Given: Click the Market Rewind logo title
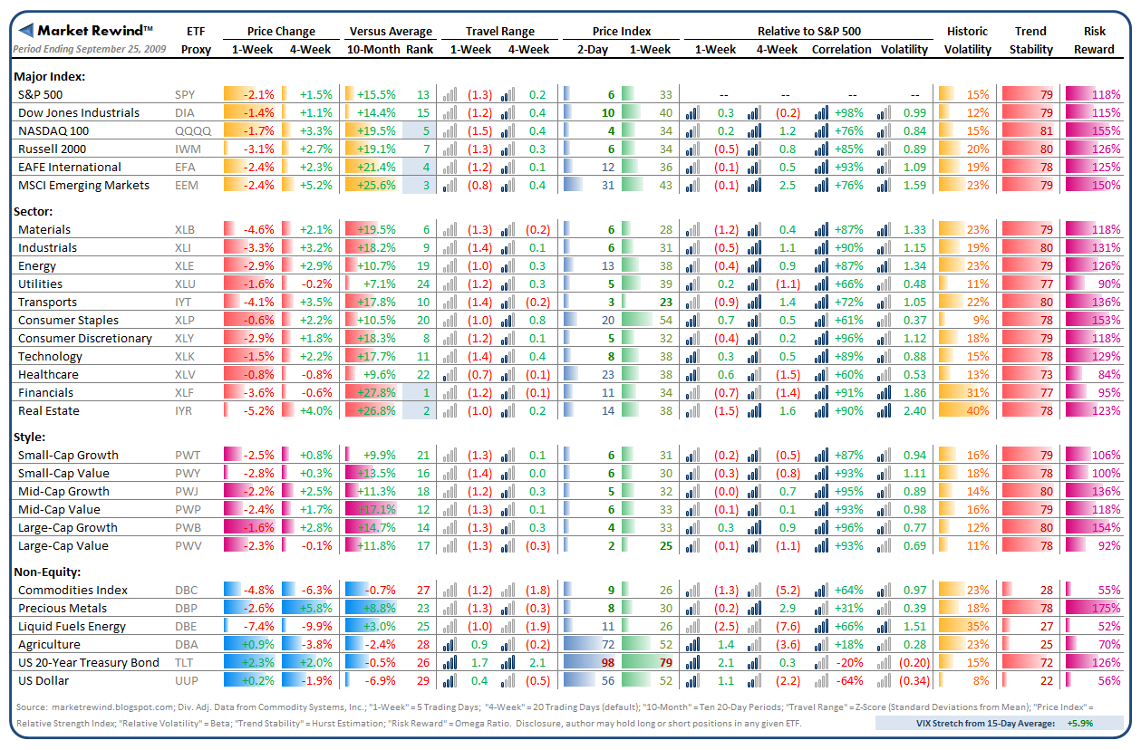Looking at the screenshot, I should click(95, 31).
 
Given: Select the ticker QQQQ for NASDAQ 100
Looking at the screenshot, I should click(193, 130).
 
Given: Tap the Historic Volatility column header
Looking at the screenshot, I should click(967, 40).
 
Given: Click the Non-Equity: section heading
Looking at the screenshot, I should click(48, 572).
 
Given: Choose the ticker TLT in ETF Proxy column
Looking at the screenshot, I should click(185, 663).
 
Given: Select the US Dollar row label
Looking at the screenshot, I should click(44, 681).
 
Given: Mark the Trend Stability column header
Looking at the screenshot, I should click(1031, 40).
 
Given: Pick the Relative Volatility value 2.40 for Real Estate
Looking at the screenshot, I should click(914, 411).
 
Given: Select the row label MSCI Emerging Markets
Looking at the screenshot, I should click(82, 185).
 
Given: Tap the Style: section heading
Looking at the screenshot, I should click(31, 437).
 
